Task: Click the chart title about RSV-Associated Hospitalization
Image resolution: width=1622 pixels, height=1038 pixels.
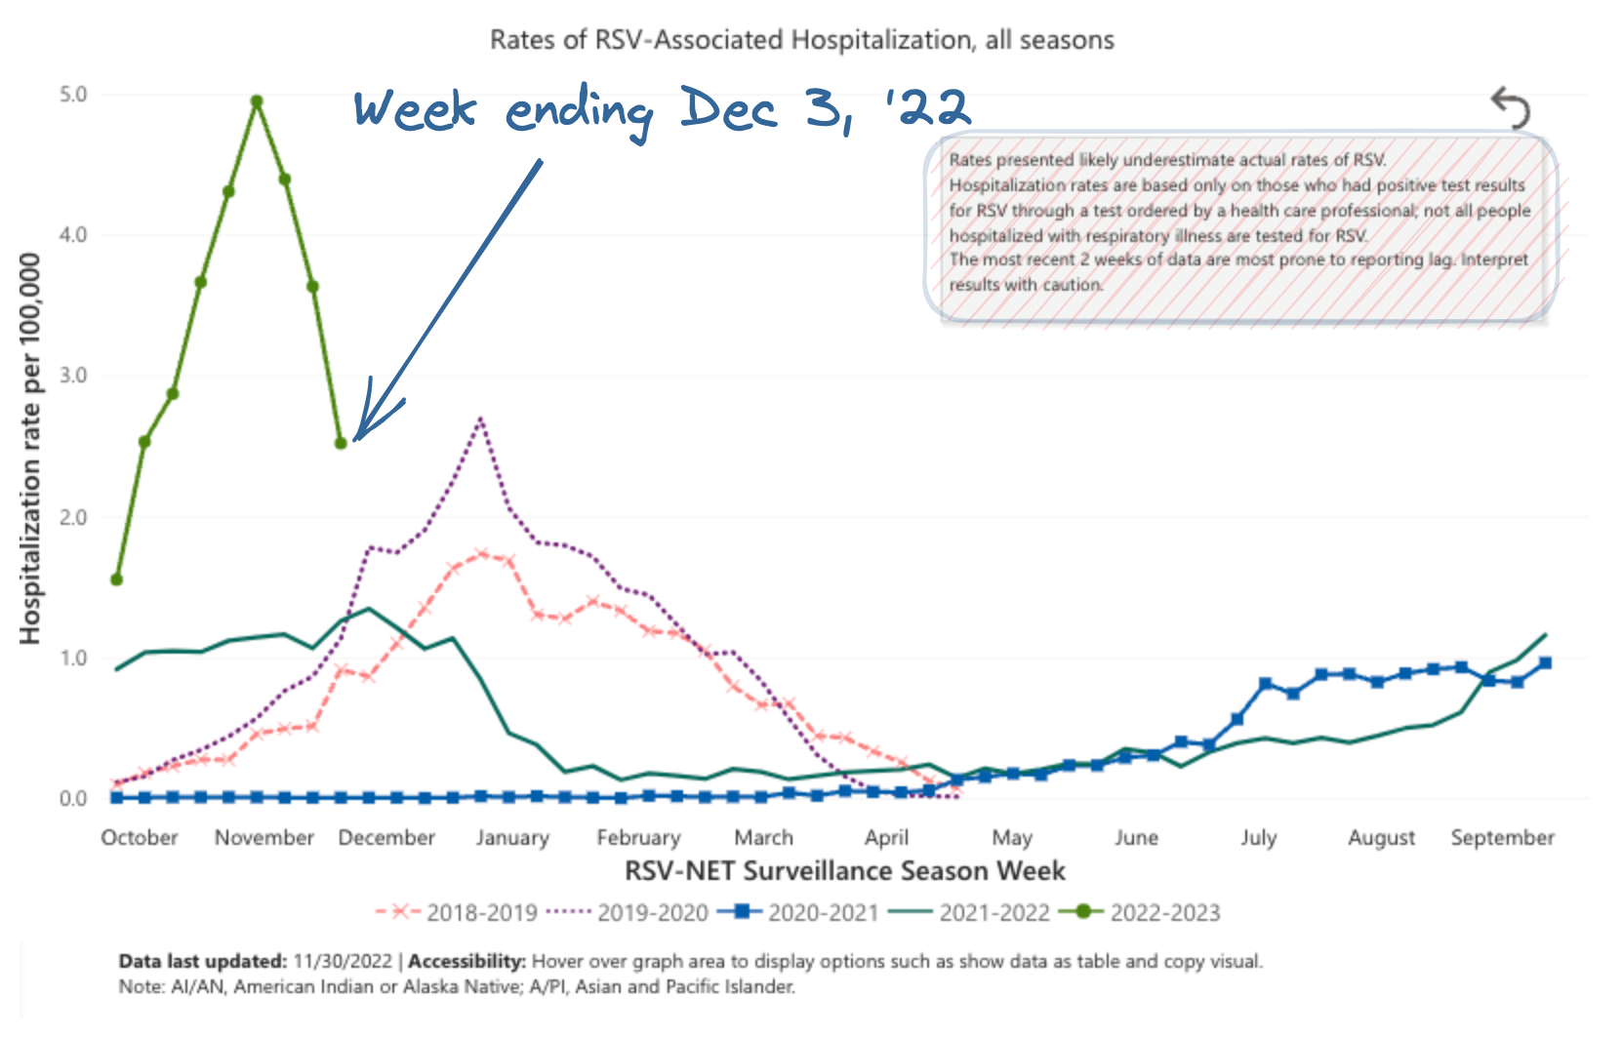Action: coord(801,40)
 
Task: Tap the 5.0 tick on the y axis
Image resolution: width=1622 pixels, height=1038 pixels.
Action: coord(73,95)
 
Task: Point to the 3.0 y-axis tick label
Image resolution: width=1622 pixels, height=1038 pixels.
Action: coord(73,376)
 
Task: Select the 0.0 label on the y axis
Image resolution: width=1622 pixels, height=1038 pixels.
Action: coord(73,799)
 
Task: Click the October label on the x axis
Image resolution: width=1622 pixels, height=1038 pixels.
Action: coord(140,838)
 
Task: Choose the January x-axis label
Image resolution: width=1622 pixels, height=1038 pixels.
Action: coord(512,838)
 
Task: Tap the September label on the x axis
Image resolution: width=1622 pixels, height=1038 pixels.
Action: coord(1502,838)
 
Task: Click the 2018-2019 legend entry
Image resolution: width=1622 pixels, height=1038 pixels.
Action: coord(481,913)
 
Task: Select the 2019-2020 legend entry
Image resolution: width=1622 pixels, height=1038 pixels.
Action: coord(652,913)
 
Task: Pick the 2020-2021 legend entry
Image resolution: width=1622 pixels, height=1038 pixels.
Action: coord(823,913)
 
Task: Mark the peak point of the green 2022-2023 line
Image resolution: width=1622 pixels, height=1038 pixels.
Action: coord(257,101)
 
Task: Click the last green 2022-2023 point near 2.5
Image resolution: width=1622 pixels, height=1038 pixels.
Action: coord(341,443)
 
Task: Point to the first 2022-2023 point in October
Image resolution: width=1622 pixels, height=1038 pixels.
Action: coord(116,579)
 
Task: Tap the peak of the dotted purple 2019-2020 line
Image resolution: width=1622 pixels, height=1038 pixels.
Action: coord(480,419)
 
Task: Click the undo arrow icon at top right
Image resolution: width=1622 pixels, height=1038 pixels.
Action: coord(1511,108)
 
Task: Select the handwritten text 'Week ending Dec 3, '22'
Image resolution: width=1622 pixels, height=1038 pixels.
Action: coord(661,109)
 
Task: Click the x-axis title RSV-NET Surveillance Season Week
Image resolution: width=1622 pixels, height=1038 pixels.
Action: coord(844,871)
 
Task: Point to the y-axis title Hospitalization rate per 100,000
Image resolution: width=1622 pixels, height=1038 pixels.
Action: coord(31,449)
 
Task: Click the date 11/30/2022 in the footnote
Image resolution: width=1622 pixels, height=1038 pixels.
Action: coord(343,962)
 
